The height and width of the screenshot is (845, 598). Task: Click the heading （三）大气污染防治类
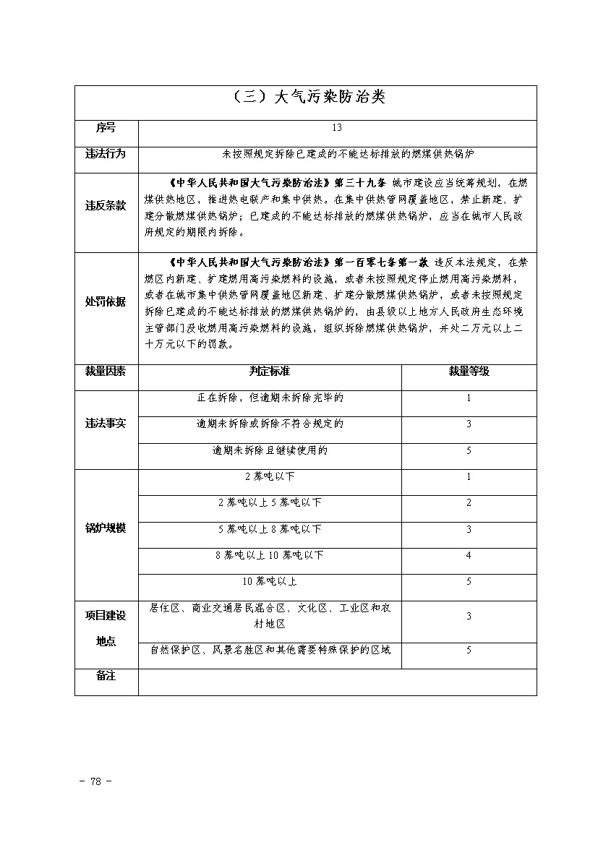[x=306, y=98]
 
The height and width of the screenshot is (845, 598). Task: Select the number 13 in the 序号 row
[x=337, y=128]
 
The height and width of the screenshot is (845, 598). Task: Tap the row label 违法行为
[x=106, y=154]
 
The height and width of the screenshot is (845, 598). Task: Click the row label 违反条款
[x=106, y=206]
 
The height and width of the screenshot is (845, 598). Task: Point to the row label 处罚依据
[x=106, y=301]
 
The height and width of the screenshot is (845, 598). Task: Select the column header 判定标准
[x=270, y=371]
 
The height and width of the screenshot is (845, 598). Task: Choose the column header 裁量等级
[x=469, y=371]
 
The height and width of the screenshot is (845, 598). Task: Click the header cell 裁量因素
[x=106, y=371]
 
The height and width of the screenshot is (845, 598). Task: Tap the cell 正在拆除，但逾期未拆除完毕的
[x=270, y=398]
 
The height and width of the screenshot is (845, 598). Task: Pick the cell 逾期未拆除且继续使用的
[x=270, y=450]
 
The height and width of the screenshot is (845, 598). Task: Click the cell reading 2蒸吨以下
[x=270, y=477]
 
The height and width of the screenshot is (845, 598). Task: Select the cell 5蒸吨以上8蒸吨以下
[x=270, y=529]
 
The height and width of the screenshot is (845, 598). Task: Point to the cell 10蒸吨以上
[x=270, y=582]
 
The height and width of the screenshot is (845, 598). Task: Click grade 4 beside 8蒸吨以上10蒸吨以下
[x=469, y=556]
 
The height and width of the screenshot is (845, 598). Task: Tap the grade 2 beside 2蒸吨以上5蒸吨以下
[x=469, y=503]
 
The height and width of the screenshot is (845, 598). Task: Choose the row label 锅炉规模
[x=106, y=528]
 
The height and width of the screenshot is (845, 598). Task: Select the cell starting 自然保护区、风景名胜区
[x=270, y=650]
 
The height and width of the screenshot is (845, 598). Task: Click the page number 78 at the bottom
[x=95, y=781]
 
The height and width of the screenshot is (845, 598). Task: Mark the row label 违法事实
[x=106, y=424]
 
